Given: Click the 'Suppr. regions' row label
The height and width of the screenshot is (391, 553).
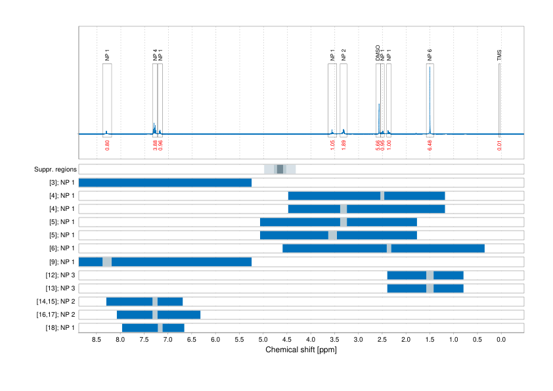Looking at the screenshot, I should (55, 170).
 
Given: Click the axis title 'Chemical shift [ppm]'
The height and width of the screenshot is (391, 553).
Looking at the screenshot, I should (301, 350).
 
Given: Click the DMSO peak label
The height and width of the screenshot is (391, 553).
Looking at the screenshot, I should (378, 53).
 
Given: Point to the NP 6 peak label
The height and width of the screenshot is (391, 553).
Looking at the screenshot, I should (430, 55).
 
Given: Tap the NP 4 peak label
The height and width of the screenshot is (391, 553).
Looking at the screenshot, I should (155, 55).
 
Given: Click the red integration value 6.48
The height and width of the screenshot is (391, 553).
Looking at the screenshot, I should (430, 145).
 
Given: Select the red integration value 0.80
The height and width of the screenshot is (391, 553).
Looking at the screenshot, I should (107, 145).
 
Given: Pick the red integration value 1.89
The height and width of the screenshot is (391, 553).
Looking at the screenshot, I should (343, 145).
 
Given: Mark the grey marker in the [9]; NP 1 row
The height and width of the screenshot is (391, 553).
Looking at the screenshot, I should (107, 262).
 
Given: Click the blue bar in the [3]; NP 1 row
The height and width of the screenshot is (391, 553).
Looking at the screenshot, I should (165, 183).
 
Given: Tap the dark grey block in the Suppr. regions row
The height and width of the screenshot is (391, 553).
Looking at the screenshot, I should (280, 170).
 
